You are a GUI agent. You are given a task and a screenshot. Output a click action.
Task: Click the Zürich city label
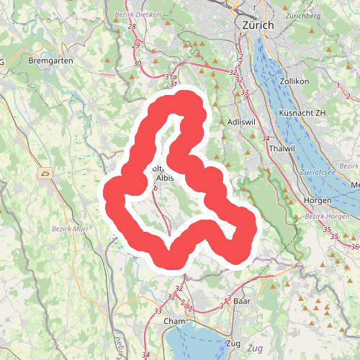click(255, 25)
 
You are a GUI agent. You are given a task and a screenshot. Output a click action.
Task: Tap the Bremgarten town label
click(50, 61)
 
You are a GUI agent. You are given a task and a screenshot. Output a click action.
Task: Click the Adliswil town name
click(241, 122)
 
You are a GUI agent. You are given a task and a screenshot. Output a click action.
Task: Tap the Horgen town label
click(318, 199)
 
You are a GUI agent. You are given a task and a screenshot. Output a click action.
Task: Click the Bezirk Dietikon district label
click(137, 14)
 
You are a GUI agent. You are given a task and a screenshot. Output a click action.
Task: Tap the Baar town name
click(242, 302)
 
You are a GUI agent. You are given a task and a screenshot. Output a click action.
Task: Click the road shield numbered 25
click(47, 173)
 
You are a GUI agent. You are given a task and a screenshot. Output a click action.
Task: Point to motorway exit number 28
click(132, 27)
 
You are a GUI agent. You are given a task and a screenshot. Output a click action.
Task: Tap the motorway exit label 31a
click(170, 76)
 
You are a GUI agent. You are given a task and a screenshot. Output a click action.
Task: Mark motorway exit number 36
click(354, 247)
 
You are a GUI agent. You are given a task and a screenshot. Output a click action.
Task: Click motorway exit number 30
click(138, 63)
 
